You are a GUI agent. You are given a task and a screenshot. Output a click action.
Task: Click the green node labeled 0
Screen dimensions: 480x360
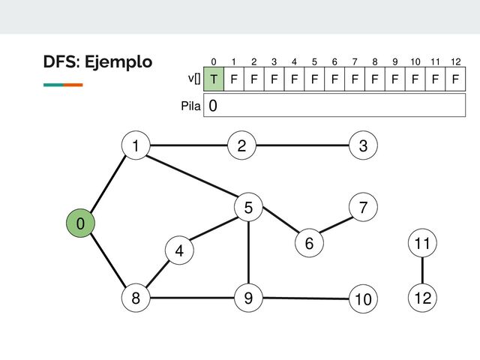tap(79, 223)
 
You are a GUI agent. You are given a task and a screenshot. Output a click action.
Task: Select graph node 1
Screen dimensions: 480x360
tap(135, 146)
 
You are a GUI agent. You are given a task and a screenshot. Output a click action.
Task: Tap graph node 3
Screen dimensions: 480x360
tap(363, 146)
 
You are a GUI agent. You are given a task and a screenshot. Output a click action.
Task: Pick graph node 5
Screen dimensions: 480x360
tap(247, 208)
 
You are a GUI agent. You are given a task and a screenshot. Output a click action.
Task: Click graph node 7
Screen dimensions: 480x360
tap(363, 207)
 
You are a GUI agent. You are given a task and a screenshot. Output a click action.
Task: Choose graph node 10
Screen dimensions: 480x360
tap(363, 299)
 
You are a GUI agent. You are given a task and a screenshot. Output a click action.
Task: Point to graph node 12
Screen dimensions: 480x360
tap(422, 298)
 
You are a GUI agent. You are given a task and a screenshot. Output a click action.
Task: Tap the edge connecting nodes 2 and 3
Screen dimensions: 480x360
tap(302, 146)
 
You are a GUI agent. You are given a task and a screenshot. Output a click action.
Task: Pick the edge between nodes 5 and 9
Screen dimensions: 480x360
tap(247, 253)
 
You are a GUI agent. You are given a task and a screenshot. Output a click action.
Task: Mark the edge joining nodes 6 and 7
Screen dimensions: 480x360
tap(335, 225)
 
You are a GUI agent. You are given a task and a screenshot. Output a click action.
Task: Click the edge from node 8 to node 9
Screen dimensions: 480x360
tap(191, 298)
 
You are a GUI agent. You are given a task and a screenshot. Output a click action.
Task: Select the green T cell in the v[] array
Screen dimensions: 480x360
tap(214, 79)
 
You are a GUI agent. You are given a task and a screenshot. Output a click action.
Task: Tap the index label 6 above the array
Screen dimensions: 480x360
tap(335, 61)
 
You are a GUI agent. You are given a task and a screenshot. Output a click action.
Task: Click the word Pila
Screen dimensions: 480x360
tap(191, 106)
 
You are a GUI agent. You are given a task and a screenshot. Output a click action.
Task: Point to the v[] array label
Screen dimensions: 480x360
tap(193, 78)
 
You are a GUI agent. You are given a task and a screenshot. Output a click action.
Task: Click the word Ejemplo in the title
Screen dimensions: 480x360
tap(119, 61)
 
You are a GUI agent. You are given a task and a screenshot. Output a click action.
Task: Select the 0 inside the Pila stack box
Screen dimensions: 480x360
tap(214, 106)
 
